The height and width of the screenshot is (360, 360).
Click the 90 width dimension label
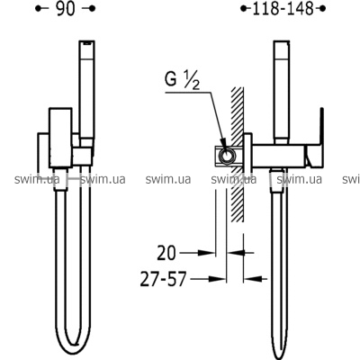65,9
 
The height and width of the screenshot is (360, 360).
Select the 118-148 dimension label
283,9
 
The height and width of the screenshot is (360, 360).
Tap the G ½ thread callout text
182,80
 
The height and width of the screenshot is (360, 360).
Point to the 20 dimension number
166,254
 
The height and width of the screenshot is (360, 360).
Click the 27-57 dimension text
163,279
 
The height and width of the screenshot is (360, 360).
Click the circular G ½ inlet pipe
227,156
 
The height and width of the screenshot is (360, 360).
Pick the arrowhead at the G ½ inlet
223,143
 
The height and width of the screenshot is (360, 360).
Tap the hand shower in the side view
281,93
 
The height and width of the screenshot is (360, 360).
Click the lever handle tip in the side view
322,109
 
